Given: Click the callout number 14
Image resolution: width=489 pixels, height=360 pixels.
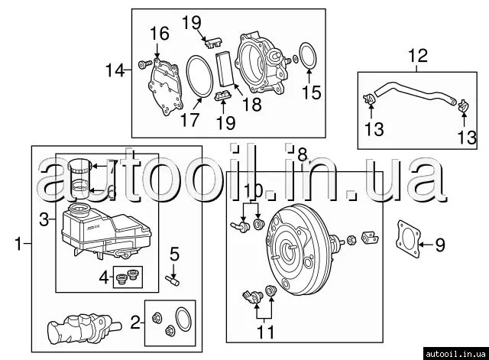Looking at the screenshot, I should pos(114,70).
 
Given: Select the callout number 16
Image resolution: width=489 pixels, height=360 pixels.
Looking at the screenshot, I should pos(159,34).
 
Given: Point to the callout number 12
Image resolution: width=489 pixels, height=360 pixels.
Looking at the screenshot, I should pos(418,55).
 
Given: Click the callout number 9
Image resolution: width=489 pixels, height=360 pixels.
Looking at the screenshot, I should pos(439,245).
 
